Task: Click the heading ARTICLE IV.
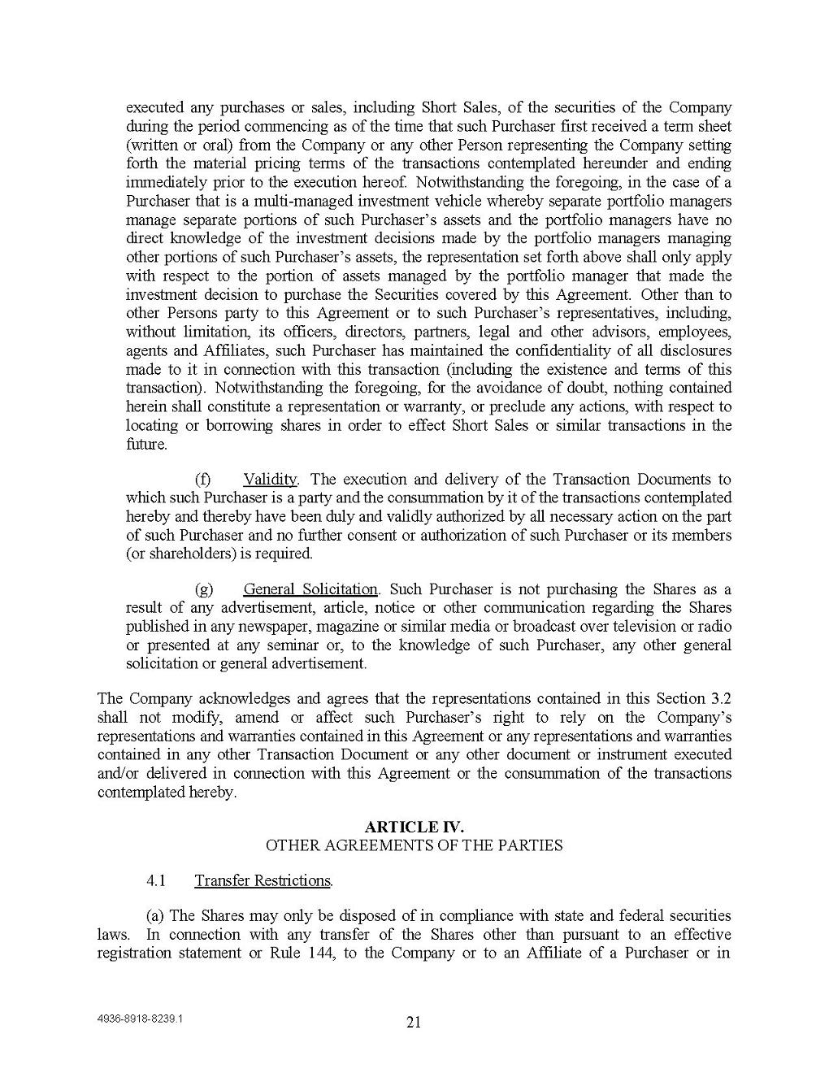tap(414, 827)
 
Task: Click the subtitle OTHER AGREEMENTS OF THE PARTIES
tap(414, 845)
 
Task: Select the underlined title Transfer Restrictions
tap(263, 881)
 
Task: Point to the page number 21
tap(413, 1023)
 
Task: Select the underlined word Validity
tap(270, 480)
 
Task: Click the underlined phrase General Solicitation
tap(310, 589)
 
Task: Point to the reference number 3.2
tap(720, 699)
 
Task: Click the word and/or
tap(119, 774)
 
